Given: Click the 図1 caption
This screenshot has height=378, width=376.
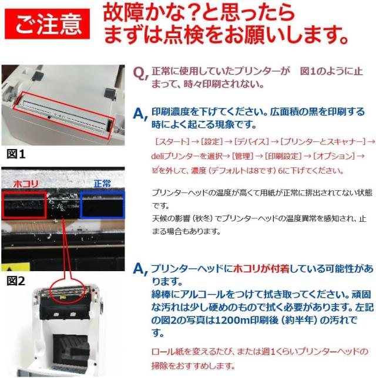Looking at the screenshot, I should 16,154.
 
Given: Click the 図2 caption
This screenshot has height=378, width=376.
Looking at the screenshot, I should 16,281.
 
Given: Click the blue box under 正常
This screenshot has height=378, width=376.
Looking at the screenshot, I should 103,204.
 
